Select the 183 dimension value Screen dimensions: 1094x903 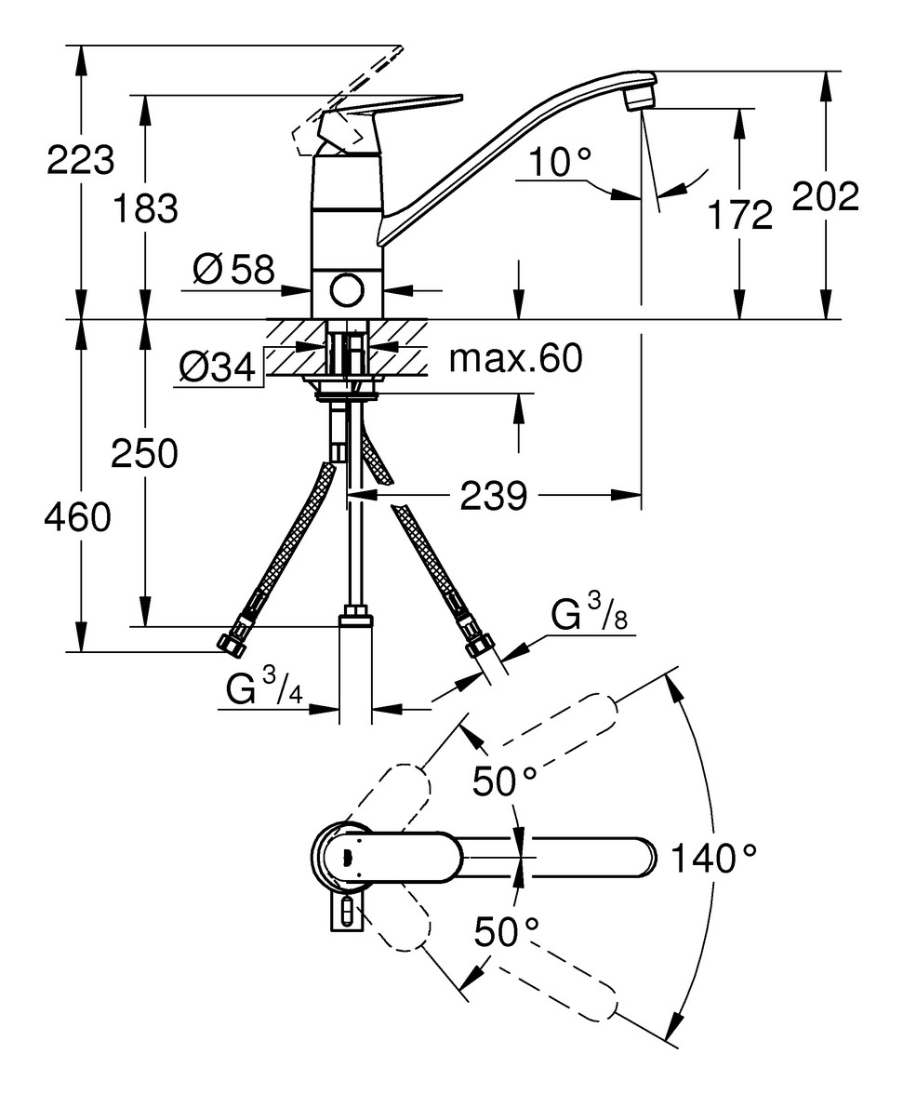point(145,209)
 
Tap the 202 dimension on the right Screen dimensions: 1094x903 point(826,196)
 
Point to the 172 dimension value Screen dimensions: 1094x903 point(740,215)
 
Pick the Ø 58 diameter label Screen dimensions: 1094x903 point(234,270)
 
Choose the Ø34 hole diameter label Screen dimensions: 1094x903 point(216,368)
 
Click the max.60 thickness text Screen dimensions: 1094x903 point(515,358)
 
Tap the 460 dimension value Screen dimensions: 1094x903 point(77,517)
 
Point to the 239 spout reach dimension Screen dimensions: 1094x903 point(493,497)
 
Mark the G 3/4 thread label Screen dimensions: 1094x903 point(265,691)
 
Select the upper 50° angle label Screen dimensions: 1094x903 point(505,780)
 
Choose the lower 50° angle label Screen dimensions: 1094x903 point(505,930)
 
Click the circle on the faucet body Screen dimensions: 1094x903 point(348,290)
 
